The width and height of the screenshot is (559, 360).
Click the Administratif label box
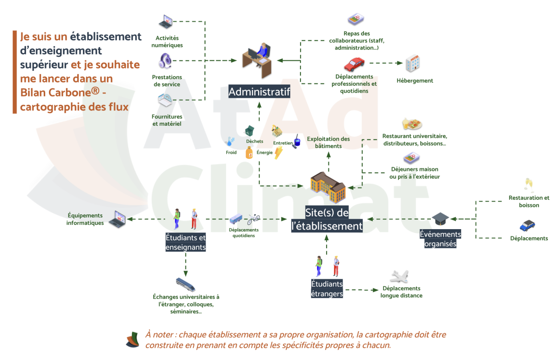259,92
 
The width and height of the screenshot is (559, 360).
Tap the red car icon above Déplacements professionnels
354,64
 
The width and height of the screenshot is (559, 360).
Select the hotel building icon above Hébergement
413,63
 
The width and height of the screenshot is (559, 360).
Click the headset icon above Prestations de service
165,61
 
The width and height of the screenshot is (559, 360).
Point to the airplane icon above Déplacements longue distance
400,277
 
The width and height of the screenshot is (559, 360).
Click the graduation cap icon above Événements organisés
440,219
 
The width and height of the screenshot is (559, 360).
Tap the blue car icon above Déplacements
527,225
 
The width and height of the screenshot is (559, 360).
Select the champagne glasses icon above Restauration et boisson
529,185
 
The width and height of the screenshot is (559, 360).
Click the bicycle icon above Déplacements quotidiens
253,219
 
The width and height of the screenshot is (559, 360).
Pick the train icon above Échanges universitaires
186,285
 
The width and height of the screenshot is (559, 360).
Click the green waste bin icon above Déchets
250,131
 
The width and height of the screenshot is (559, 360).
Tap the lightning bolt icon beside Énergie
279,153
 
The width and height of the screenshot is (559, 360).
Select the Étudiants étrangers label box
327,289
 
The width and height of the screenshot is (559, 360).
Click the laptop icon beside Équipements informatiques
117,219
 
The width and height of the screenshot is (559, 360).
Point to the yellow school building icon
328,187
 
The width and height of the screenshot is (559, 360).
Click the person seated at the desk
263,51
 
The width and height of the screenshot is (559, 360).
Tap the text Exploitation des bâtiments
328,143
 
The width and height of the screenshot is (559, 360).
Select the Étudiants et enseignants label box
186,242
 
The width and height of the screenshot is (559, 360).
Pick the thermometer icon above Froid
230,142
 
